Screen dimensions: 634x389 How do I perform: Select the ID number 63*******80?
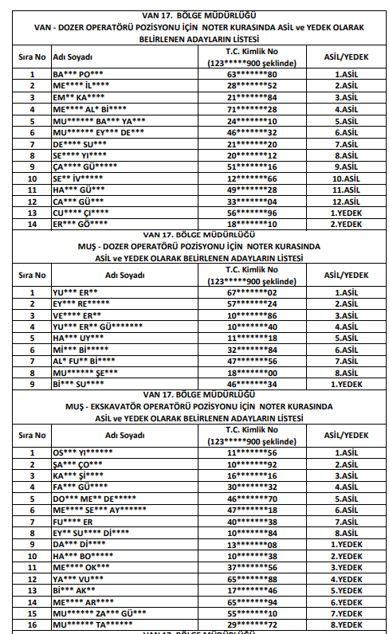point(251,74)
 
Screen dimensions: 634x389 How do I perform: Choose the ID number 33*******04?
point(251,202)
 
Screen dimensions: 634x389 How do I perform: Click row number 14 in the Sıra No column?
point(33,225)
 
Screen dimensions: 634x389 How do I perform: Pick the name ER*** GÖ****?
point(78,225)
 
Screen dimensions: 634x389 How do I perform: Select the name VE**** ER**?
point(76,315)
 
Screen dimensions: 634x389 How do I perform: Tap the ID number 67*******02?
point(251,292)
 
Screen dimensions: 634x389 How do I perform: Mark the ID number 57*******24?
point(251,303)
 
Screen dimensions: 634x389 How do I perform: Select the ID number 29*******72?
point(251,625)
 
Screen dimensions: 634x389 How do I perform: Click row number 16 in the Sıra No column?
point(33,625)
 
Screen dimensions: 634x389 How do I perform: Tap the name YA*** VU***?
point(77,579)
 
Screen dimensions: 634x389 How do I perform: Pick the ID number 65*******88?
point(251,579)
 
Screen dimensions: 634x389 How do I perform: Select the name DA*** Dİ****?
point(78,544)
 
